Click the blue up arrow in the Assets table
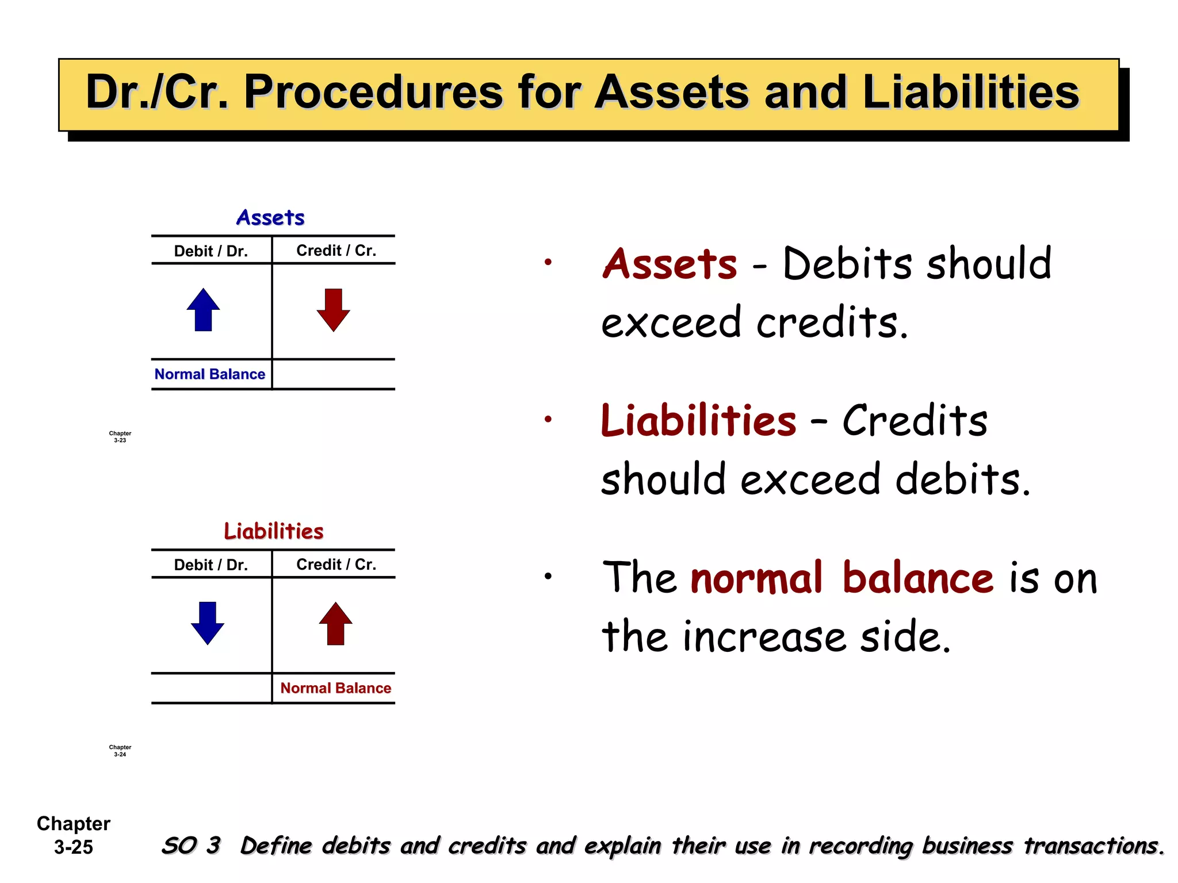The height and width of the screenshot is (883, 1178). pyautogui.click(x=203, y=310)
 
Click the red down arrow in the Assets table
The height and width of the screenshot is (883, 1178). pyautogui.click(x=333, y=310)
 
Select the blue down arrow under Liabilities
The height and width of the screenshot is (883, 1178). pyautogui.click(x=207, y=623)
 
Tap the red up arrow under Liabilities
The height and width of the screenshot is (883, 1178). pyautogui.click(x=335, y=624)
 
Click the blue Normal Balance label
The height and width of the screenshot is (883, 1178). pyautogui.click(x=210, y=374)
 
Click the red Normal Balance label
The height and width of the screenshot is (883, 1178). pyautogui.click(x=335, y=688)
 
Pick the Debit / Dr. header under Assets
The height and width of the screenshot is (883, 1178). pyautogui.click(x=211, y=251)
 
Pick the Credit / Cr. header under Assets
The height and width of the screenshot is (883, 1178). pyautogui.click(x=336, y=251)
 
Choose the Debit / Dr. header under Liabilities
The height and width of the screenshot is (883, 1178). pyautogui.click(x=211, y=565)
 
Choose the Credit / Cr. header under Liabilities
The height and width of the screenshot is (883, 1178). pyautogui.click(x=336, y=565)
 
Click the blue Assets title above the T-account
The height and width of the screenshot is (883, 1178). pyautogui.click(x=270, y=218)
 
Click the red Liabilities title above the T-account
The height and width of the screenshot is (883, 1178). pyautogui.click(x=274, y=531)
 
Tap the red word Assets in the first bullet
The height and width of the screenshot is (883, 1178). pyautogui.click(x=670, y=264)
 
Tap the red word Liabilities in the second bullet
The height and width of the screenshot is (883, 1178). pyautogui.click(x=698, y=421)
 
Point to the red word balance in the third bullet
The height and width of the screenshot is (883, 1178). pyautogui.click(x=918, y=578)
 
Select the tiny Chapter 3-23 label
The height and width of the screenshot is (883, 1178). pyautogui.click(x=120, y=437)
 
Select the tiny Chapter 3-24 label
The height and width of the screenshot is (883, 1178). pyautogui.click(x=120, y=751)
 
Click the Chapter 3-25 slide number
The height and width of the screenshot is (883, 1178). pyautogui.click(x=74, y=835)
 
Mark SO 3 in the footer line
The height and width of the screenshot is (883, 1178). pyautogui.click(x=191, y=846)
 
